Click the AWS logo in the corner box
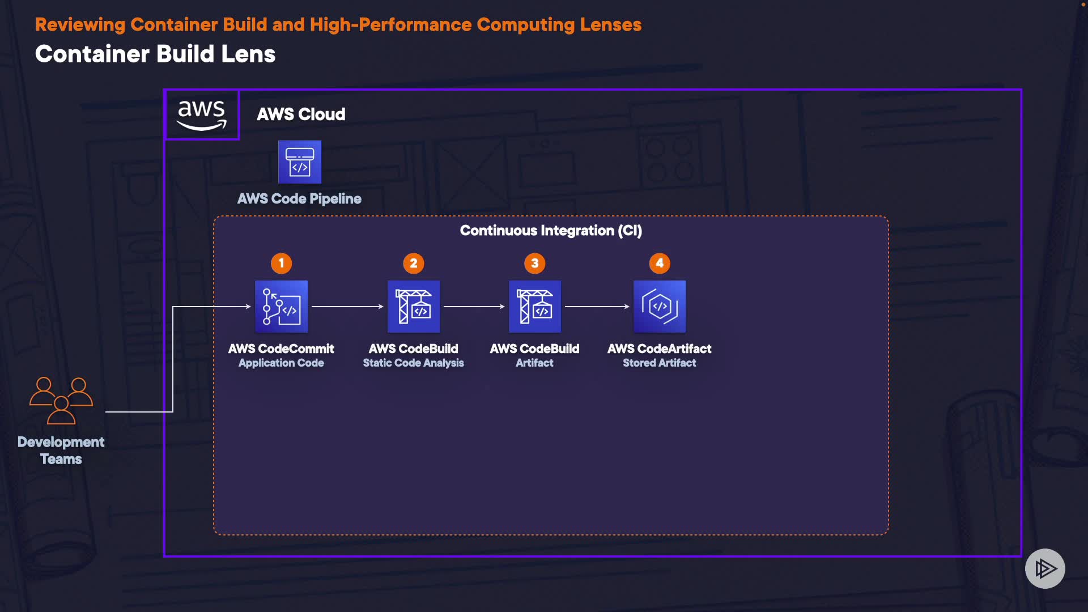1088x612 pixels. (x=202, y=114)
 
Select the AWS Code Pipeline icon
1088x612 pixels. (x=300, y=162)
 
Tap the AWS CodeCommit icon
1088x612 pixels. (x=281, y=307)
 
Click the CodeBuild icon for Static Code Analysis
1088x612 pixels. (x=414, y=307)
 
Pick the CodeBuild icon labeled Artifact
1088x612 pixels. (x=535, y=307)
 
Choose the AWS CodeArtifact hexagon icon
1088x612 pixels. (x=660, y=307)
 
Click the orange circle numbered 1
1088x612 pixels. (x=281, y=263)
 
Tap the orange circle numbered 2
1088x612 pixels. (x=414, y=263)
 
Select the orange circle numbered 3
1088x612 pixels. (x=535, y=263)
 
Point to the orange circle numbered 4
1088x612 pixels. (x=660, y=263)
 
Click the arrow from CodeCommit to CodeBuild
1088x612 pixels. (x=347, y=307)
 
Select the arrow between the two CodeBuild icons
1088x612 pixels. (x=474, y=307)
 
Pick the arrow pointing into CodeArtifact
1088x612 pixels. (x=597, y=307)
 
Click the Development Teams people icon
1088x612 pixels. (x=61, y=400)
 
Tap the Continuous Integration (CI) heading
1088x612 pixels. (x=551, y=231)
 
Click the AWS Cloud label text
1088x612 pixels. (x=301, y=114)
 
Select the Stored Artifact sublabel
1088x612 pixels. (x=660, y=363)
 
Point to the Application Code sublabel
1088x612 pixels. (x=281, y=363)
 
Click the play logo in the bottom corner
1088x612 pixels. (x=1045, y=568)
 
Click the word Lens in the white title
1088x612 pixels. (x=248, y=54)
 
